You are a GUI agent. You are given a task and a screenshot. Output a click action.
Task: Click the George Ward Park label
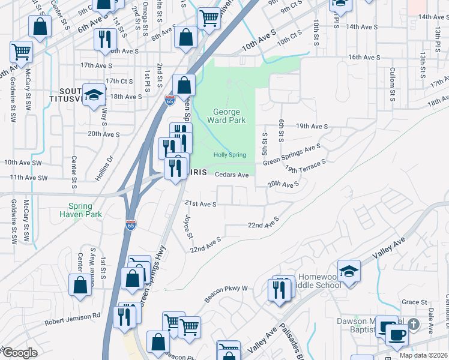click(x=227, y=117)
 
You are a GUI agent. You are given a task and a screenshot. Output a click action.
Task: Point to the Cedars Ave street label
click(x=231, y=175)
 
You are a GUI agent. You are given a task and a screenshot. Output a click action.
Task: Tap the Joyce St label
click(x=188, y=226)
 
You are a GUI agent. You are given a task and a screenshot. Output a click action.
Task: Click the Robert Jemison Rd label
click(x=72, y=319)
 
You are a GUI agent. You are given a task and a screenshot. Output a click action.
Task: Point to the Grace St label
click(x=414, y=302)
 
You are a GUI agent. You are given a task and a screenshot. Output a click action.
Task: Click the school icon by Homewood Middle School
click(x=349, y=271)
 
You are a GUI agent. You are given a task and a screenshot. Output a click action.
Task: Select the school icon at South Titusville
click(x=94, y=95)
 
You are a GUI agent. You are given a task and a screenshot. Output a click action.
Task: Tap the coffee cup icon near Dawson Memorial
click(x=397, y=334)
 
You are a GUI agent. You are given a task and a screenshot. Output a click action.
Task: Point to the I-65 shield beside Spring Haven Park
click(x=131, y=225)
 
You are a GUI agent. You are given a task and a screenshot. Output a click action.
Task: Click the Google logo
click(x=20, y=353)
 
